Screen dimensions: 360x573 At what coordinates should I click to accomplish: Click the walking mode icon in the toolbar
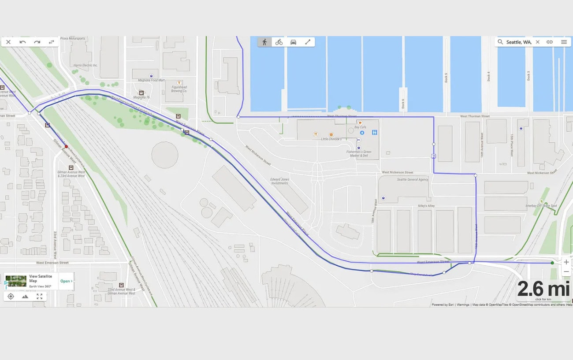pyautogui.click(x=264, y=42)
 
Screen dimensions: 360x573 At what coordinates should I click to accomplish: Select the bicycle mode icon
pyautogui.click(x=279, y=42)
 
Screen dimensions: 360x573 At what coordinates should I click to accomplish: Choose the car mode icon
pyautogui.click(x=293, y=42)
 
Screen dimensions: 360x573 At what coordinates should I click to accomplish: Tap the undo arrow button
pyautogui.click(x=22, y=42)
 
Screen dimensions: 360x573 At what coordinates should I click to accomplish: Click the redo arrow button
pyautogui.click(x=37, y=42)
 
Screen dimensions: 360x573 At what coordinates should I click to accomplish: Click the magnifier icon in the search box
pyautogui.click(x=500, y=42)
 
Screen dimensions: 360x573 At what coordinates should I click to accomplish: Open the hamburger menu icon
pyautogui.click(x=564, y=42)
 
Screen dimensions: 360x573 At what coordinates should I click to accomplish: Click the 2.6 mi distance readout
pyautogui.click(x=543, y=289)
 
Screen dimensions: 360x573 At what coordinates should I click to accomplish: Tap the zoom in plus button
pyautogui.click(x=566, y=262)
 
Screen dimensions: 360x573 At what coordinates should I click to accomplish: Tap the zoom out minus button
pyautogui.click(x=566, y=272)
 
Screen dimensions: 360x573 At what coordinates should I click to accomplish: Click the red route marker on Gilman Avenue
pyautogui.click(x=66, y=146)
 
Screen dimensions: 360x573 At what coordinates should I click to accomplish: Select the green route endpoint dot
pyautogui.click(x=552, y=263)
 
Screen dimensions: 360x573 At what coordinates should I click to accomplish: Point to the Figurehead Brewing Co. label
pyautogui.click(x=179, y=89)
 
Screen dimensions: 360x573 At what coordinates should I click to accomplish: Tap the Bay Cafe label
pyautogui.click(x=360, y=127)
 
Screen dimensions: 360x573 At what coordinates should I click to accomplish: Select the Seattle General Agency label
pyautogui.click(x=413, y=179)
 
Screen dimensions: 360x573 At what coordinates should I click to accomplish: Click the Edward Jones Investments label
pyautogui.click(x=279, y=181)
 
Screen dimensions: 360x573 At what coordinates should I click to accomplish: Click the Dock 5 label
pyautogui.click(x=446, y=78)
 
